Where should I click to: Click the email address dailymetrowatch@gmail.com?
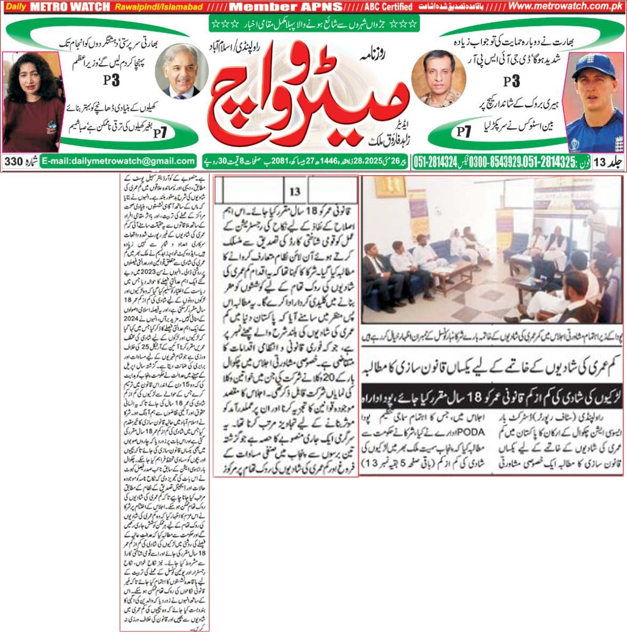[118, 161]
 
